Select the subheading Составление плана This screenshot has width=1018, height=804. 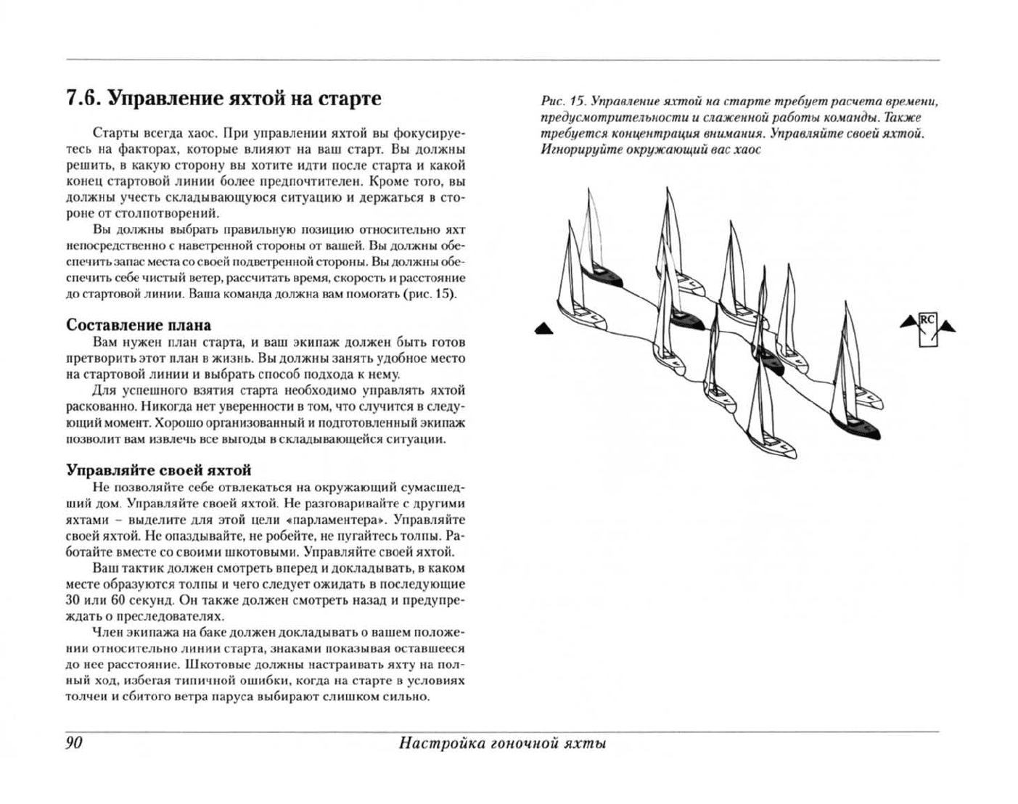(x=139, y=324)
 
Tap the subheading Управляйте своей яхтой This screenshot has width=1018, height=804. (x=159, y=469)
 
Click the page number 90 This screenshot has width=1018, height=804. (x=74, y=742)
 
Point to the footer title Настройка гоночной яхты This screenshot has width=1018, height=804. (x=503, y=742)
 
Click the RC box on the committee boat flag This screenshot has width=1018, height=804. (x=927, y=319)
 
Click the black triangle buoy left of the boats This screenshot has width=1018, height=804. (x=543, y=329)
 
